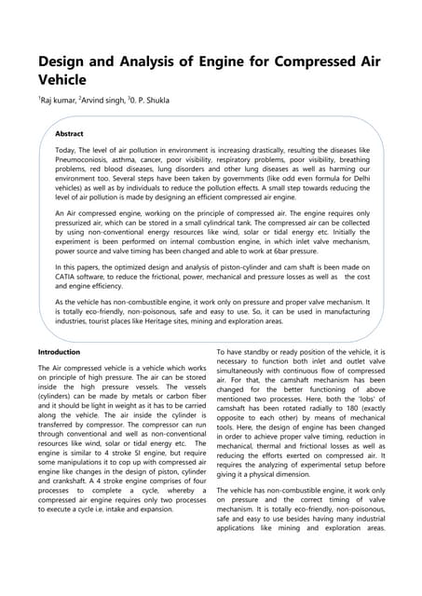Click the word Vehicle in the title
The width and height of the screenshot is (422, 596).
tap(68, 81)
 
